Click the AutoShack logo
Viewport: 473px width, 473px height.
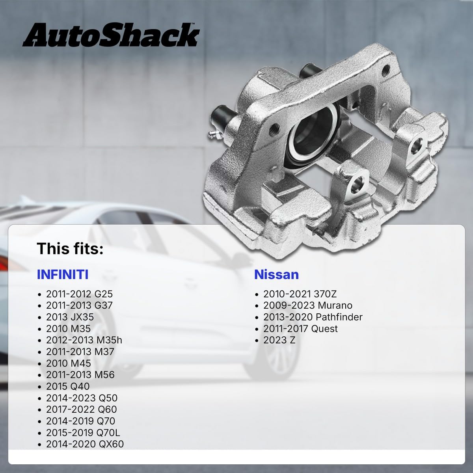click(110, 35)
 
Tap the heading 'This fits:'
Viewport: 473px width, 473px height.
click(70, 248)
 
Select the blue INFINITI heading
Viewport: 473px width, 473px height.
click(63, 274)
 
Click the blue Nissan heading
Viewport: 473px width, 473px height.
click(276, 274)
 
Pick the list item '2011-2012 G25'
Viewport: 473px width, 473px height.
click(79, 294)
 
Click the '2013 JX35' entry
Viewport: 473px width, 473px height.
click(70, 317)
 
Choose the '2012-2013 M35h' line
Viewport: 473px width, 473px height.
click(84, 340)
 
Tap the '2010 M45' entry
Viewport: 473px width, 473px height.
click(69, 363)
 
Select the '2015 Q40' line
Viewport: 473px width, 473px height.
click(68, 386)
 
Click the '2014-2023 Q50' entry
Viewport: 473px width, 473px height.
click(82, 398)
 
